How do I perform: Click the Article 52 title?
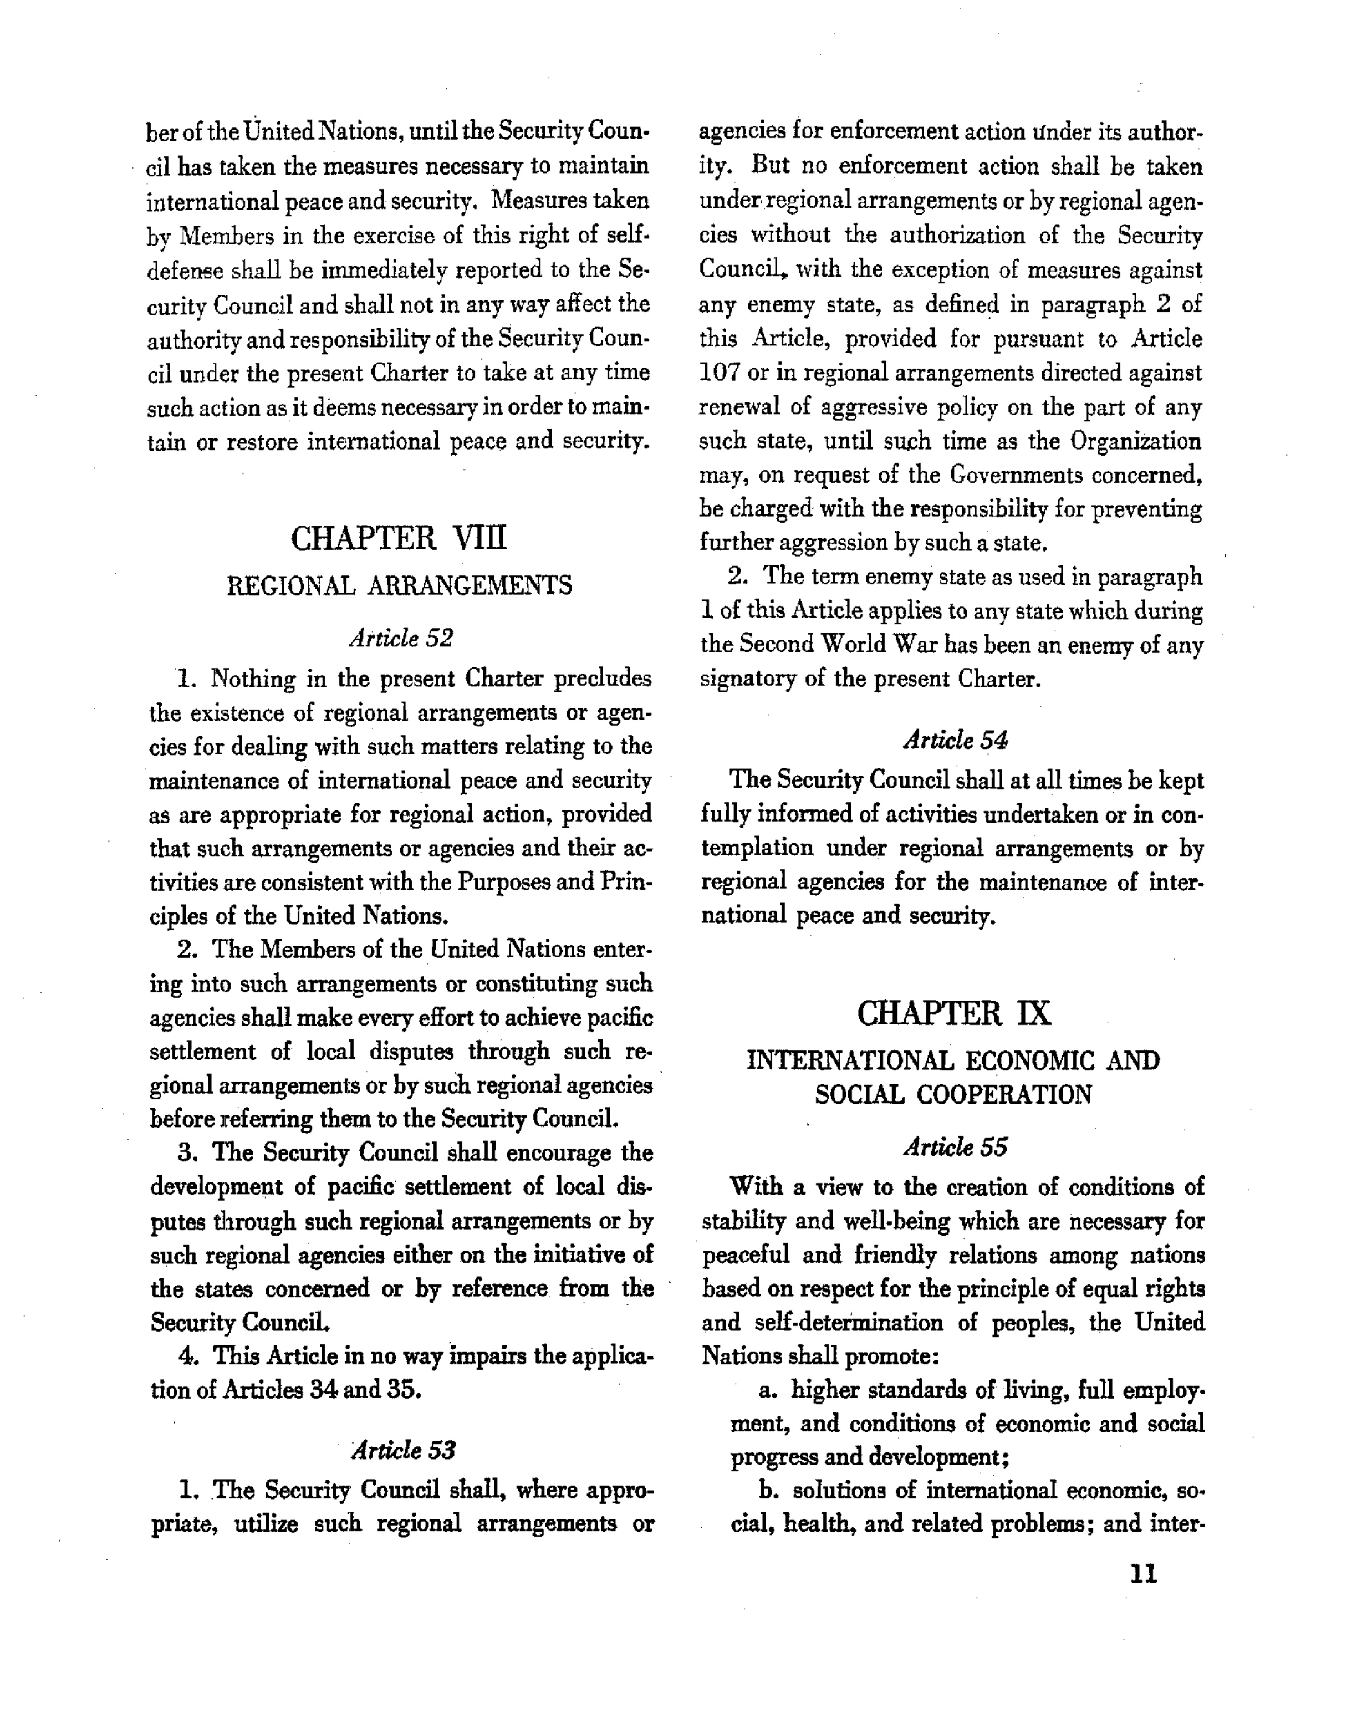(400, 638)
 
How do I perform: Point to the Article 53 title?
(403, 1450)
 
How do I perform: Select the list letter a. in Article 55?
(768, 1390)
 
